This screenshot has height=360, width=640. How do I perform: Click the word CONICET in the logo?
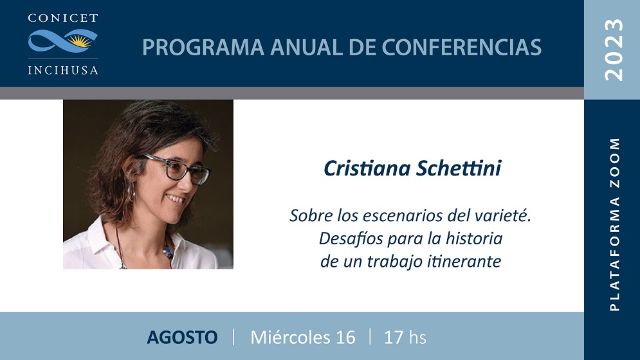(x=63, y=18)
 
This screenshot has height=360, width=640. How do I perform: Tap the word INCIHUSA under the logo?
(x=63, y=70)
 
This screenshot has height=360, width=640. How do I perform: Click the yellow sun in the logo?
(x=80, y=40)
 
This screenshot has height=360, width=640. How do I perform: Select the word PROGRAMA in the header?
(x=203, y=48)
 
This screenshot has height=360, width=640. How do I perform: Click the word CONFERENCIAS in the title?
(x=462, y=48)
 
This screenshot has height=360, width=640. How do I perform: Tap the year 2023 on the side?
(x=614, y=50)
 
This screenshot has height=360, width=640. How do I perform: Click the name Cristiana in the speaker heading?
(x=367, y=168)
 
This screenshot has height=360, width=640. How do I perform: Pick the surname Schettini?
(x=459, y=168)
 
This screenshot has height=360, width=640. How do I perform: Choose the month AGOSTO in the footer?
(x=182, y=337)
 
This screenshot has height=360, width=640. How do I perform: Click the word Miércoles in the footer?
(x=290, y=337)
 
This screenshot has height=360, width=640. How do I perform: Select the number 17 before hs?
(x=394, y=337)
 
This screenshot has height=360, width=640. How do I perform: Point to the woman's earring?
(x=131, y=192)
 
